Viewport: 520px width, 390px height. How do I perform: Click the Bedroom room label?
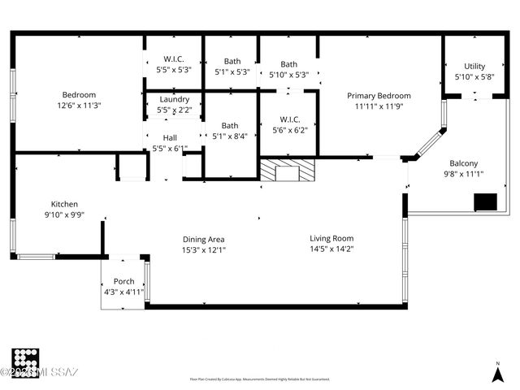79,94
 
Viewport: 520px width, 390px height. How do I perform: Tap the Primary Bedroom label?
379,96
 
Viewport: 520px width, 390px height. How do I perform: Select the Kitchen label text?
64,205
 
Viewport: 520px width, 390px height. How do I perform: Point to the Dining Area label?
203,240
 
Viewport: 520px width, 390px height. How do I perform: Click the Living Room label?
331,238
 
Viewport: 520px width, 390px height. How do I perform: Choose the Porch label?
123,282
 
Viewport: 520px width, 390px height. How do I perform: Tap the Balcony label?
461,163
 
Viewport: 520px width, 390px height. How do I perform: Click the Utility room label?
474,67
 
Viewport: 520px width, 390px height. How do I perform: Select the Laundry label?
174,99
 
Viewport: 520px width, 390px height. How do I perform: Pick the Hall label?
170,138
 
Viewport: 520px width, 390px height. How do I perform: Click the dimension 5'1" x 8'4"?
230,136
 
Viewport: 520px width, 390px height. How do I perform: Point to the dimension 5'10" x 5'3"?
288,75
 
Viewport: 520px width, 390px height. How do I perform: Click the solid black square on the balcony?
485,201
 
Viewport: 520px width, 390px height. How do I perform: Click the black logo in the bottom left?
25,362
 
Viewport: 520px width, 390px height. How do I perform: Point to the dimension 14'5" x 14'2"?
331,249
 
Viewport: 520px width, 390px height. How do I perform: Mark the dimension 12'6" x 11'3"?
79,105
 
